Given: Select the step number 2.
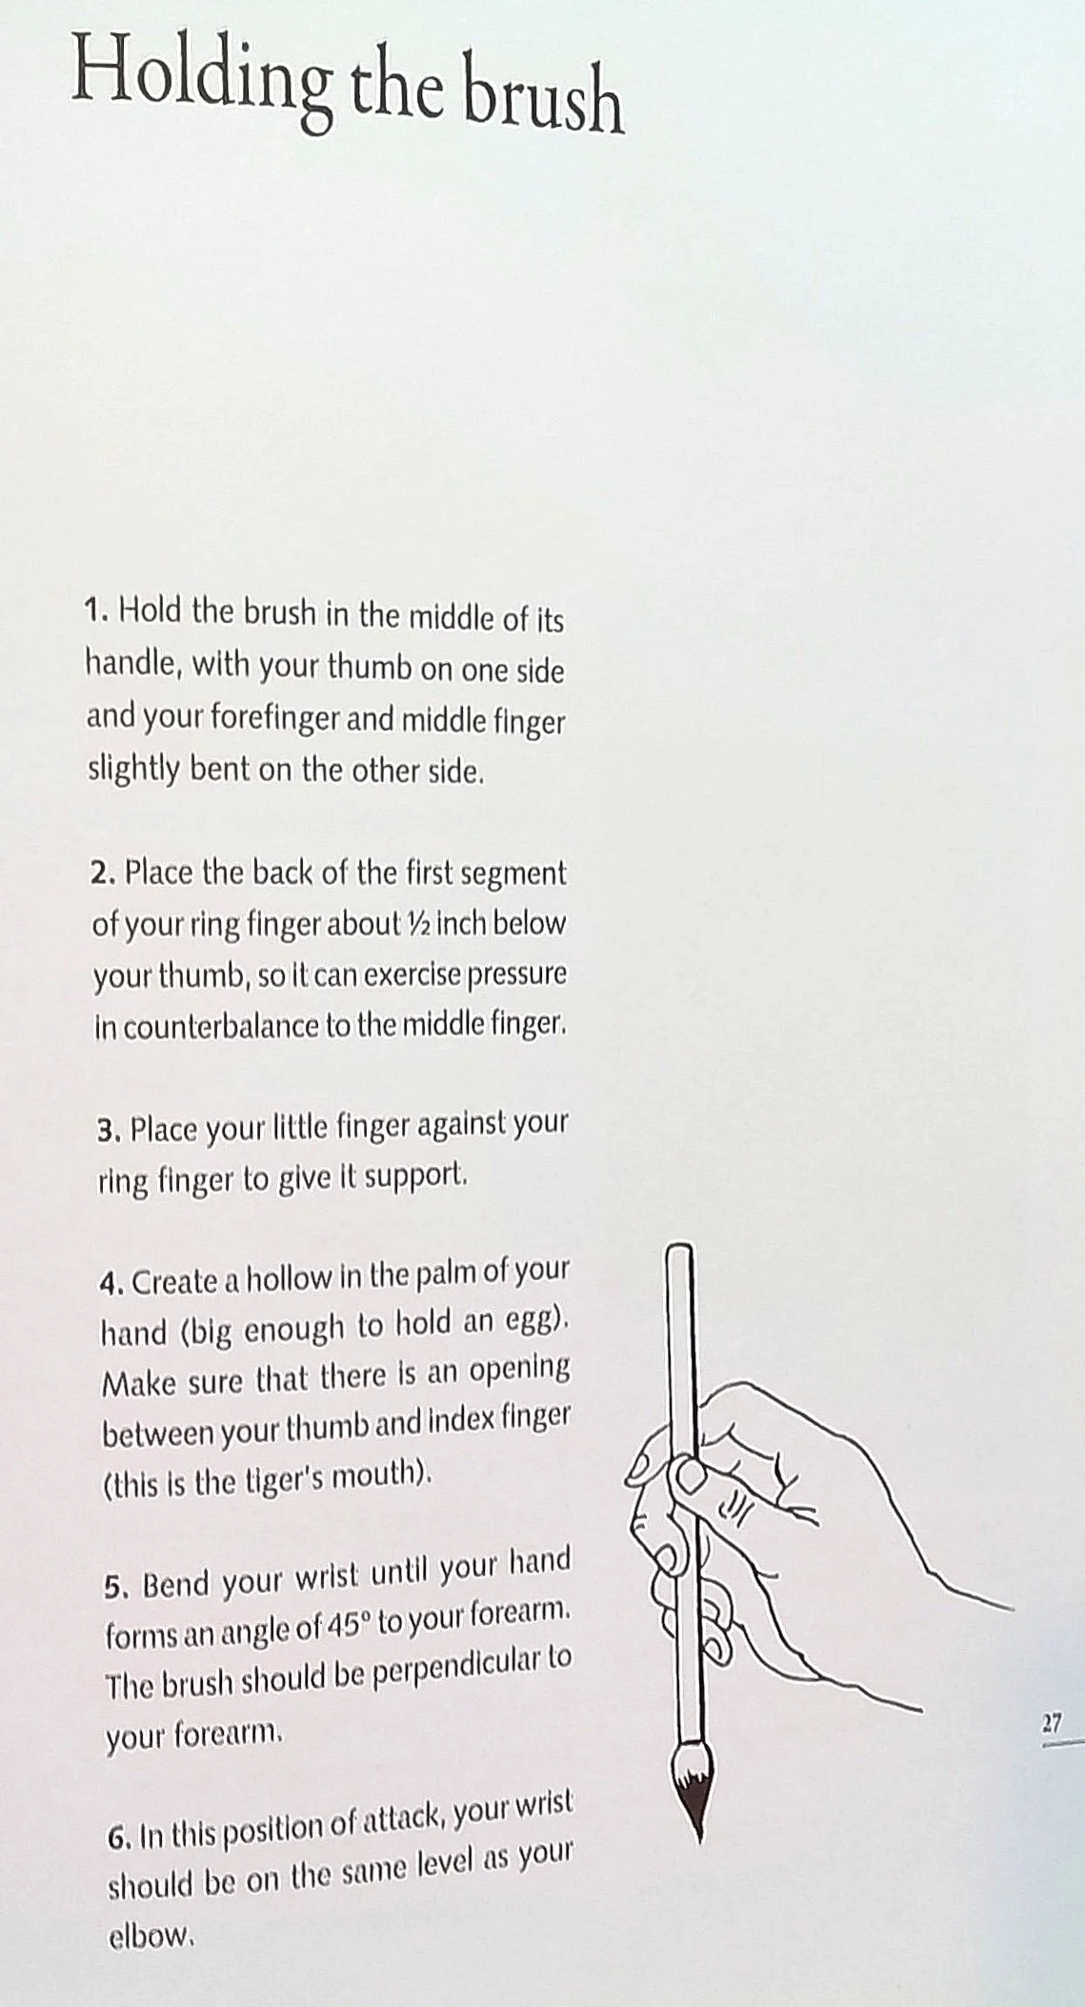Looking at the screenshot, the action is (101, 873).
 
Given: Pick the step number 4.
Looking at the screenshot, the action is (111, 1284).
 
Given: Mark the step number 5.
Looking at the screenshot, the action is (116, 1586).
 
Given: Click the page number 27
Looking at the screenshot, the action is (1052, 1723).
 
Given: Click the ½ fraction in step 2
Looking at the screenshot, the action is (418, 923).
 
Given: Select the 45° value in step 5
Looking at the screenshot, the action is (349, 1625).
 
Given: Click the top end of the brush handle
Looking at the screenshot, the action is (679, 1246).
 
